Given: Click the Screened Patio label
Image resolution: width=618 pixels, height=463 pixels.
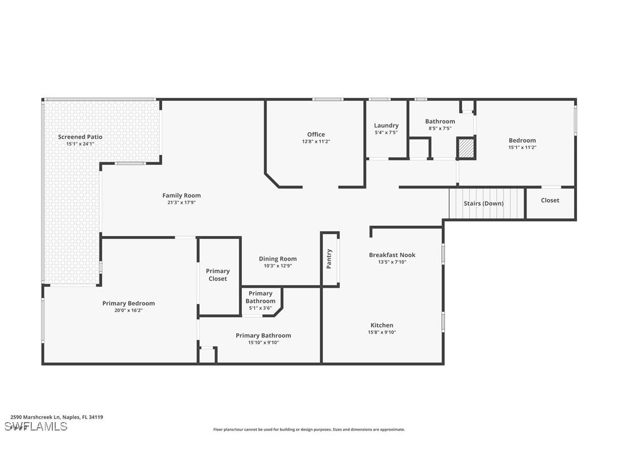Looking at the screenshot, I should (80, 137).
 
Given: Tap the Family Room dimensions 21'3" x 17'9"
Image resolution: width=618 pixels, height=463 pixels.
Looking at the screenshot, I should (182, 202).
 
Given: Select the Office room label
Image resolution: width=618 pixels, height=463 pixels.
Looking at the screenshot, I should (316, 134).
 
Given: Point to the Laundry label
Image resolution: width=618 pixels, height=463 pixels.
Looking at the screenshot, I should (386, 125).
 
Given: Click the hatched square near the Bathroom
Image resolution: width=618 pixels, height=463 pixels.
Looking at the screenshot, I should (466, 148).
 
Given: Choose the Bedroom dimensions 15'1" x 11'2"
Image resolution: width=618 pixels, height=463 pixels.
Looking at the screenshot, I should (522, 147).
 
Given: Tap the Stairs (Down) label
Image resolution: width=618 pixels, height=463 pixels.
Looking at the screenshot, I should (484, 203).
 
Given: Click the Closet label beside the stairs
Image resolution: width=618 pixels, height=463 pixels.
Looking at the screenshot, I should (550, 200).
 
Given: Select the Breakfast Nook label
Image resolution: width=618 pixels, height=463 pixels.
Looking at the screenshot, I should (392, 255).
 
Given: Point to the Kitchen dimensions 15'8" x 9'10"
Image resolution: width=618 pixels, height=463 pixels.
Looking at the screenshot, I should (381, 332).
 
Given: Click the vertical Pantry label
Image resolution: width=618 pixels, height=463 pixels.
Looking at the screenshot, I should (329, 259).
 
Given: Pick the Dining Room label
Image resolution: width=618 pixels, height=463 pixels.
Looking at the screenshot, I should (278, 259).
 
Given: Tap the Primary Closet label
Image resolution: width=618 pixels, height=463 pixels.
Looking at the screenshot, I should (218, 275).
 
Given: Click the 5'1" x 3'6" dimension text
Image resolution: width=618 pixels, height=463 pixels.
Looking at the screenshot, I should (260, 308).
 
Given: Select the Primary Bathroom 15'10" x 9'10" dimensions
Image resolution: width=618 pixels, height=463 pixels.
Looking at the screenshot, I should (263, 342).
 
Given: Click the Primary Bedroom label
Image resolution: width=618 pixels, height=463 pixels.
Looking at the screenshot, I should (129, 303).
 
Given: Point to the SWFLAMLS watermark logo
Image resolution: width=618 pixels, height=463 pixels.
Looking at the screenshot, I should (36, 426).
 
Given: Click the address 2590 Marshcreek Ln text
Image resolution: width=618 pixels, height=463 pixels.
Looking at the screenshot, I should (57, 417).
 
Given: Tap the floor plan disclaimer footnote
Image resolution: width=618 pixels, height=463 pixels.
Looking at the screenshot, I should (309, 429).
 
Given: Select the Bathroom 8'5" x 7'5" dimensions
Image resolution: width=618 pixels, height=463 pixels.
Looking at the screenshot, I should (440, 128).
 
